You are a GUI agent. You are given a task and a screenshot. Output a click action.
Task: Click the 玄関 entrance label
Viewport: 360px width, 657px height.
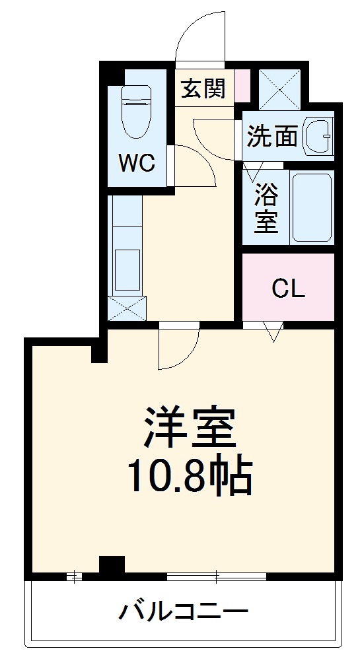[203, 88]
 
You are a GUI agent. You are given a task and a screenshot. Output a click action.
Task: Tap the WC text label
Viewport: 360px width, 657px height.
[137, 162]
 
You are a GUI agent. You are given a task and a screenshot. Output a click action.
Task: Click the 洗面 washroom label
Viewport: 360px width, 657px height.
[272, 137]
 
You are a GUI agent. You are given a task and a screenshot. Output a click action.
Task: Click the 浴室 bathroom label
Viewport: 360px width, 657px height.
[266, 209]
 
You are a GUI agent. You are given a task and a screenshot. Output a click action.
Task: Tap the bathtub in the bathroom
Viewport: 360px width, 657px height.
[311, 208]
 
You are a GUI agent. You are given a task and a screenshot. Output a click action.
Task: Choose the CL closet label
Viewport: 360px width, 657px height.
[289, 288]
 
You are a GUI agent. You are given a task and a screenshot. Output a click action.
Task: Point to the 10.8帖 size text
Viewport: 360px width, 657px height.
[190, 476]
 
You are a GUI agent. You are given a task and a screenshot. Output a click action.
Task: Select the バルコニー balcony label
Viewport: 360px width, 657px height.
[183, 611]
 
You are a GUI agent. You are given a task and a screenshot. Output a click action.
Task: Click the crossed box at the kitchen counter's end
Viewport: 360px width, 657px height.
[126, 308]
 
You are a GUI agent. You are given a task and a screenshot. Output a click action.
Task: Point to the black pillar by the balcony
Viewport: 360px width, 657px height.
[112, 566]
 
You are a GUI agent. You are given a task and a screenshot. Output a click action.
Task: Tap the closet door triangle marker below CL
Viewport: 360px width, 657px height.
[272, 331]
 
